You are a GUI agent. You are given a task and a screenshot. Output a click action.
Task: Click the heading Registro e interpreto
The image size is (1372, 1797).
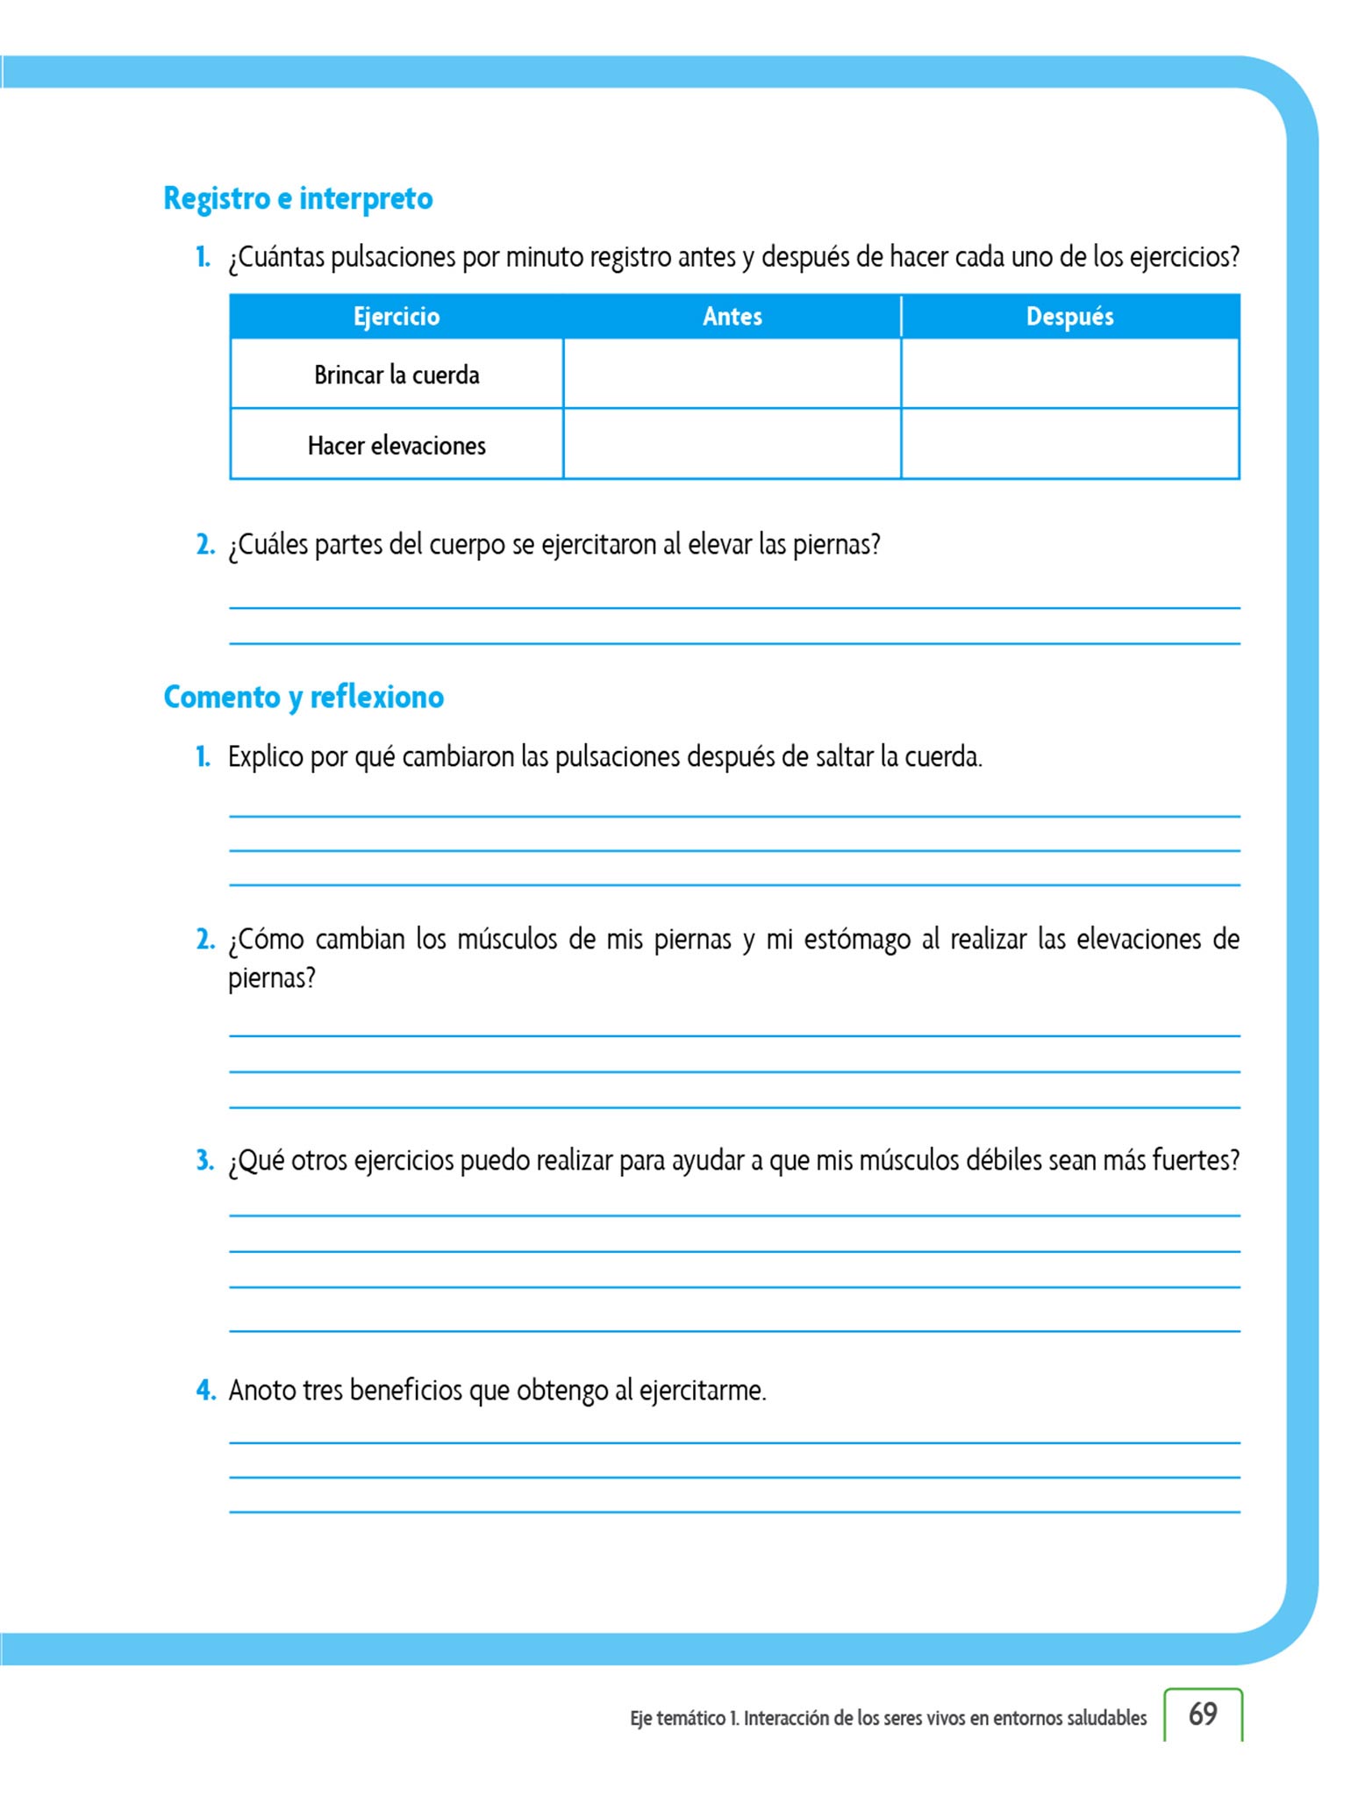[298, 198]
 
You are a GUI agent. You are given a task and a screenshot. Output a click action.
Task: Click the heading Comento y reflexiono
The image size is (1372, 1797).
[304, 697]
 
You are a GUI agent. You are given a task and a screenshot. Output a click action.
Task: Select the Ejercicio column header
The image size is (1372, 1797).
[397, 317]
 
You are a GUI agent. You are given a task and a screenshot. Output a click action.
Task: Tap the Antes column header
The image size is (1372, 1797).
[732, 317]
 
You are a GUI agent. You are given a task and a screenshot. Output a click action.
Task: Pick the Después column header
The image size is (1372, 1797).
[1069, 317]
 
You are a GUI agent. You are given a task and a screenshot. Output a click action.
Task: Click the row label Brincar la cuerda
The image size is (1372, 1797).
[397, 376]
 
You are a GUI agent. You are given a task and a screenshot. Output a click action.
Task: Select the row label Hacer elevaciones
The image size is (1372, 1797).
[397, 446]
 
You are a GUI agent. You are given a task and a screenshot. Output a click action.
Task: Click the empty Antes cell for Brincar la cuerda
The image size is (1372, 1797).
[732, 374]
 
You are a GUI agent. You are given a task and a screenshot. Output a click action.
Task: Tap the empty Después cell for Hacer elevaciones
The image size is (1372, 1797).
[1069, 444]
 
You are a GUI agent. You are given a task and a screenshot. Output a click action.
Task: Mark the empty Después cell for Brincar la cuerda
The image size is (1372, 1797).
[1069, 374]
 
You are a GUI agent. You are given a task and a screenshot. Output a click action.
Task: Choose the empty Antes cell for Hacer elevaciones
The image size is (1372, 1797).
[732, 444]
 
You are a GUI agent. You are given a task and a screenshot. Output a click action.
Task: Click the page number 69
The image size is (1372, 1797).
[1203, 1714]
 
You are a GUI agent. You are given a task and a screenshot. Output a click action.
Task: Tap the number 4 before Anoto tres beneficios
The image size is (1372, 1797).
[205, 1390]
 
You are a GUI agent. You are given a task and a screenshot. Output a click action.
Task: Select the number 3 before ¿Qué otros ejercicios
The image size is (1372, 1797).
[204, 1160]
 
